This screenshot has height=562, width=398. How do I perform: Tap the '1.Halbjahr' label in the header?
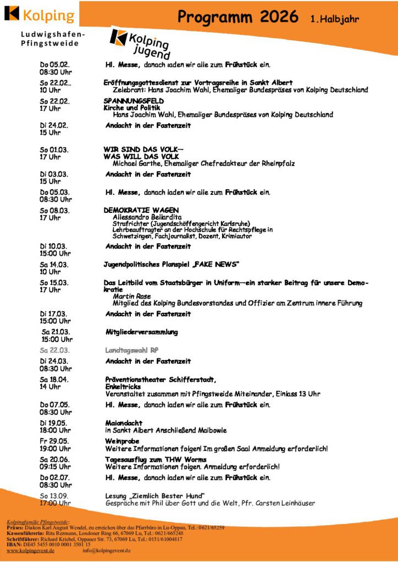pyautogui.click(x=334, y=19)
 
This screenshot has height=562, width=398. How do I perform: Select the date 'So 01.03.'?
pyautogui.click(x=54, y=149)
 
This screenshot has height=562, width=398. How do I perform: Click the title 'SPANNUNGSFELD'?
pyautogui.click(x=134, y=101)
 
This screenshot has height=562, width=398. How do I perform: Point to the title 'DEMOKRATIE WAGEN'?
pyautogui.click(x=141, y=210)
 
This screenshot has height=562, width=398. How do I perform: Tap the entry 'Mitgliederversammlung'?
pyautogui.click(x=141, y=332)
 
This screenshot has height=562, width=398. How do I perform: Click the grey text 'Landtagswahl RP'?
pyautogui.click(x=132, y=350)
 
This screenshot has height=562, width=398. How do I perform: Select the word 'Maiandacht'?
pyautogui.click(x=124, y=423)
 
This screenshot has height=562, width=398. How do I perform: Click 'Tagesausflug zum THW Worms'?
pyautogui.click(x=156, y=459)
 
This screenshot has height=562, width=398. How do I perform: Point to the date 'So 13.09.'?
pyautogui.click(x=54, y=496)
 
